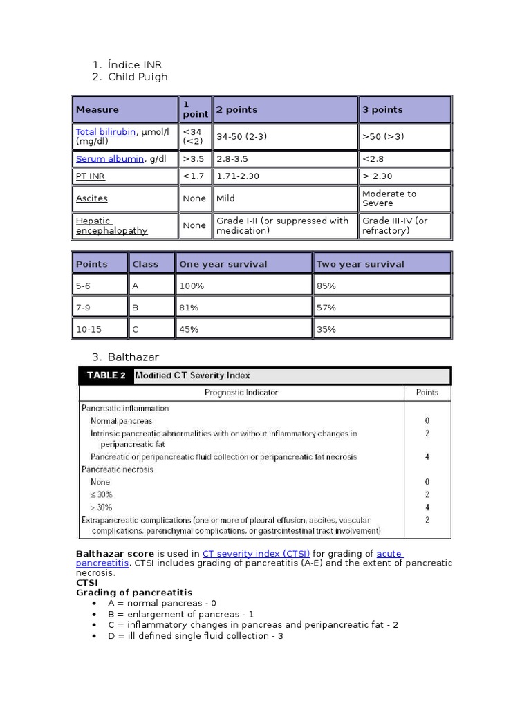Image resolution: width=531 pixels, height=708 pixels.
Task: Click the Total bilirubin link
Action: (105, 131)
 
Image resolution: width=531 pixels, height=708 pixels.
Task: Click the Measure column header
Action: (97, 109)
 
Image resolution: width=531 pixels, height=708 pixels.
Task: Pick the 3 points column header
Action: (382, 109)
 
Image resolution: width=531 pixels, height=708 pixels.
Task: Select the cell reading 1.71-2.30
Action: (238, 176)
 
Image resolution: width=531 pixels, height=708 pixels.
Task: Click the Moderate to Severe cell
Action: (389, 198)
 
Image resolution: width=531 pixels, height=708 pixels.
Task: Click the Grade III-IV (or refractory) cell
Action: (395, 225)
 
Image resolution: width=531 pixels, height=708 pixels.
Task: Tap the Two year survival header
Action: (360, 264)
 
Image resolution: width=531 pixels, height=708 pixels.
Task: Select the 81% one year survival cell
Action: (189, 307)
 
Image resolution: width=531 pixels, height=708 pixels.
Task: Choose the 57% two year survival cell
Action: (326, 307)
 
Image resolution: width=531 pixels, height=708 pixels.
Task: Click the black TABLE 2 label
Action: (106, 375)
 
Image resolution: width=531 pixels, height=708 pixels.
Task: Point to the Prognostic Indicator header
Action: (241, 392)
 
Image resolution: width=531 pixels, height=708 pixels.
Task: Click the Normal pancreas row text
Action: (122, 420)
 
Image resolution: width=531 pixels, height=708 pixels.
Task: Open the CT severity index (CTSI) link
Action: (256, 553)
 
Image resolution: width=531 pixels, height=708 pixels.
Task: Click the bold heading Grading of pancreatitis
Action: (134, 593)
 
